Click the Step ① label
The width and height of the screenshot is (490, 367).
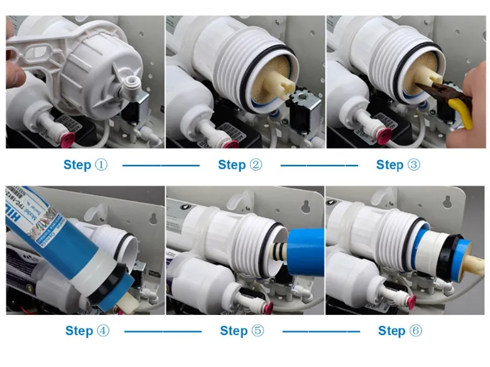coord(85,165)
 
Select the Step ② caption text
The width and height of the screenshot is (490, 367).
coord(240,165)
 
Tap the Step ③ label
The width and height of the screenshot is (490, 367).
coord(398,165)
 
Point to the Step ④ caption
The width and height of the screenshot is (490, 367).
coord(88,331)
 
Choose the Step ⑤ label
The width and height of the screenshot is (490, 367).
coord(242,331)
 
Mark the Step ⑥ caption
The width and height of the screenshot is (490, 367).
coord(400,331)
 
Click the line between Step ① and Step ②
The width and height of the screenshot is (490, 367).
coord(161,165)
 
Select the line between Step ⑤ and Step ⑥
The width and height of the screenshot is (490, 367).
coord(321,331)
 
